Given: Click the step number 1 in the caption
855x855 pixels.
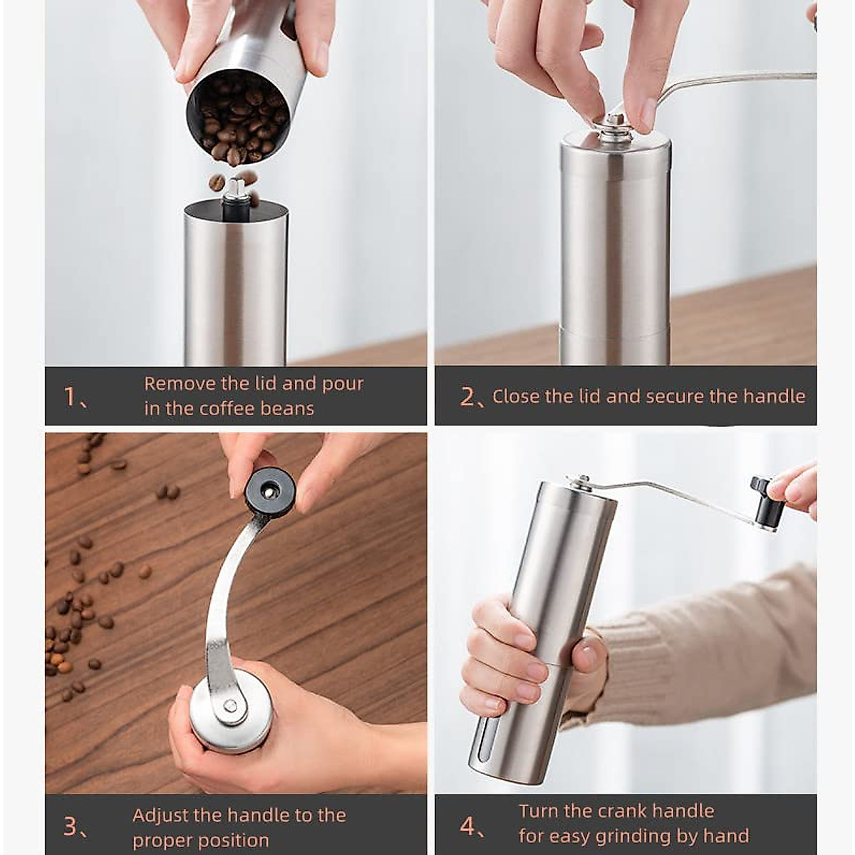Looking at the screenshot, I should click(x=70, y=396).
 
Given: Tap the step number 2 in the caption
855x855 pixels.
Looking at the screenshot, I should click(x=467, y=397).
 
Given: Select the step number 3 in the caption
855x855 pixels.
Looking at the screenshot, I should click(x=71, y=826).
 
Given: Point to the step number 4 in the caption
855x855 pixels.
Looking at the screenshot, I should click(x=467, y=826).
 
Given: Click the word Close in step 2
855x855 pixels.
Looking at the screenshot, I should click(x=515, y=397).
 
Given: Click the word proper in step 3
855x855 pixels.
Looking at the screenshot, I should click(x=163, y=840).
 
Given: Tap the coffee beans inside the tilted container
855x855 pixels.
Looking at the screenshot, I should click(x=235, y=121).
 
